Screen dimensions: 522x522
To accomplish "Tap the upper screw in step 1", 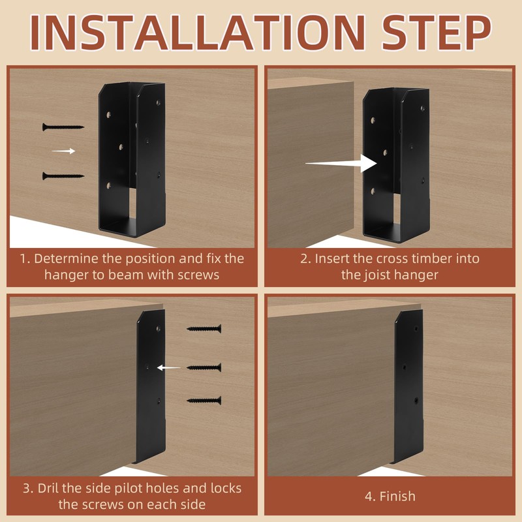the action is click(x=63, y=127).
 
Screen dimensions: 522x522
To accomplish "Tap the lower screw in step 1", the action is click(x=63, y=176).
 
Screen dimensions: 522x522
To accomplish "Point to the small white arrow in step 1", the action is click(x=63, y=151).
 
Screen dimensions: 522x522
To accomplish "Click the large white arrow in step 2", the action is click(x=341, y=163).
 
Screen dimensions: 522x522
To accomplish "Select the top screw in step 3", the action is click(x=204, y=329).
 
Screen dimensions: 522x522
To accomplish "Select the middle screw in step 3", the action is click(x=204, y=367).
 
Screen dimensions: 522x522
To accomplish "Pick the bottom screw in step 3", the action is click(x=204, y=401).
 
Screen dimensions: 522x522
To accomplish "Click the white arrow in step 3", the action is click(x=169, y=367).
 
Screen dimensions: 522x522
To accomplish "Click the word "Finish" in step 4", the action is click(x=397, y=497).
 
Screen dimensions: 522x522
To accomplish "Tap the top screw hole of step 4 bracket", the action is click(x=416, y=329).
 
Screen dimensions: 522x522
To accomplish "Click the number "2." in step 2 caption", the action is click(x=305, y=258).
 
